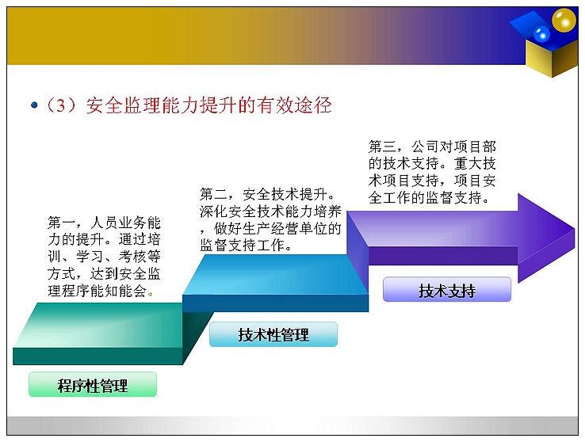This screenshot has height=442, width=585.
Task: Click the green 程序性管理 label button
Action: click(93, 384)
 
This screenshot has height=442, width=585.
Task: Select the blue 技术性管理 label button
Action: click(273, 334)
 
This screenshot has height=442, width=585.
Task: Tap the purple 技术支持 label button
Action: click(447, 289)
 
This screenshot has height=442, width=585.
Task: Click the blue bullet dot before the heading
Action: click(34, 105)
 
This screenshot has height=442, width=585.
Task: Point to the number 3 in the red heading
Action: click(62, 105)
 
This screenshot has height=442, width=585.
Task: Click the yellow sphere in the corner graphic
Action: click(564, 20)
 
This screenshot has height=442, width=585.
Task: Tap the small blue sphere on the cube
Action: click(541, 34)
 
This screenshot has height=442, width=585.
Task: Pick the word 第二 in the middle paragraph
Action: click(213, 194)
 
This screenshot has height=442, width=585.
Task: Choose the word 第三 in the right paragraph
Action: click(382, 147)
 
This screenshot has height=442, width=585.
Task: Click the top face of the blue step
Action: click(275, 274)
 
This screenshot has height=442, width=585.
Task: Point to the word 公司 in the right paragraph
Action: click(426, 147)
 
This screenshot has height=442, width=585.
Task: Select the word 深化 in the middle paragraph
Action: click(213, 211)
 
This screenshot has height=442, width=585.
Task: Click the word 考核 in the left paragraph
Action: click(132, 257)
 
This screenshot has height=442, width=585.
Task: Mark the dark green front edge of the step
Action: click(97, 356)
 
